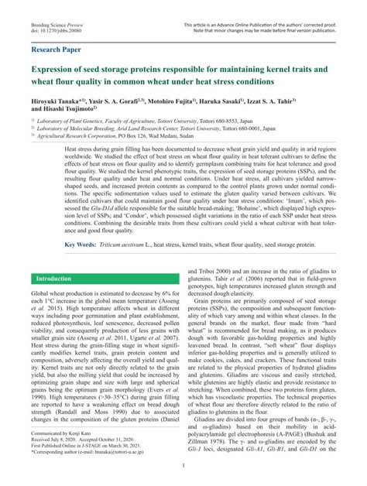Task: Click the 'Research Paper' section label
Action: point(57,49)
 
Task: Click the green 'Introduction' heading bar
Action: point(53,278)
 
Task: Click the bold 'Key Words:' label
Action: point(80,245)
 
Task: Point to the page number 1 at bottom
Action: point(183,466)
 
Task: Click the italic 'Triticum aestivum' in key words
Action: point(121,245)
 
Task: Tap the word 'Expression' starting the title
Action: point(57,69)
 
